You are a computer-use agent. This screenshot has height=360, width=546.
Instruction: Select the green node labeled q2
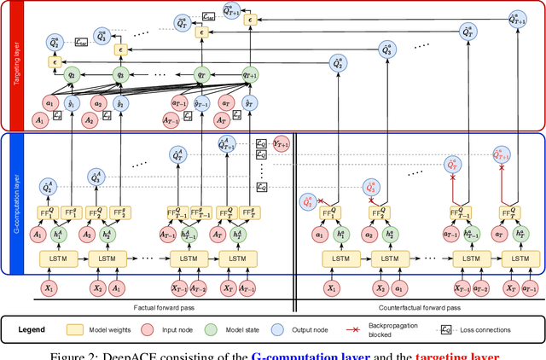click(72, 74)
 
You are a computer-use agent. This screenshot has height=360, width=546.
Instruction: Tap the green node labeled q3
click(120, 74)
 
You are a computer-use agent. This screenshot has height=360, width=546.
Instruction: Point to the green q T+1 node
click(250, 74)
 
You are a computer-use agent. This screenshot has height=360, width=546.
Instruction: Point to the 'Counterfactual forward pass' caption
click(418, 305)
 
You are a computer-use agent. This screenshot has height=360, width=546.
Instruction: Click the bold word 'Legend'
click(46, 329)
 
